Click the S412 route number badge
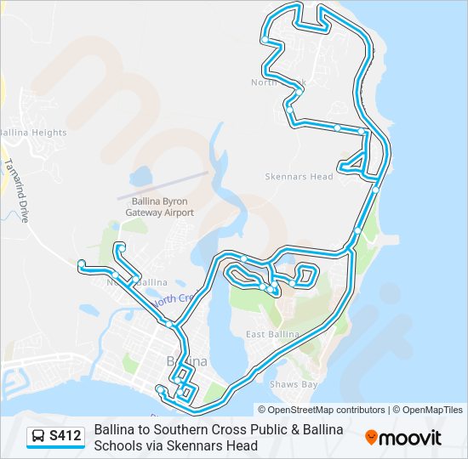(66, 437)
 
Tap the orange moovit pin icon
(371, 438)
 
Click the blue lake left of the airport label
(139, 178)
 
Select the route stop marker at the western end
(81, 263)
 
